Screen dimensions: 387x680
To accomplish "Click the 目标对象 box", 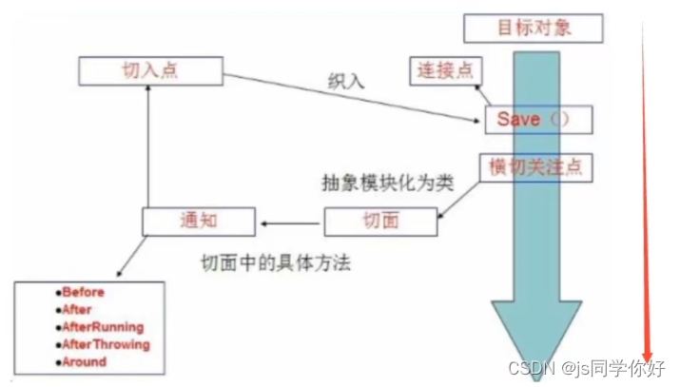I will coord(534,28).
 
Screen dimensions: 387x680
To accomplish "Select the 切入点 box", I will coord(144,69).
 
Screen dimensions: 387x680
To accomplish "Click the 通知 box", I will coord(199,222).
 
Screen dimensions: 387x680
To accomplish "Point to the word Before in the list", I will coord(85,292).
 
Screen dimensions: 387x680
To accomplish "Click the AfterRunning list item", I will coord(104,327).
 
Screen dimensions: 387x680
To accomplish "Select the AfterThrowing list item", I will coord(106,344).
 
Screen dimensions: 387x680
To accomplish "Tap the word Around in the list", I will coord(85,361).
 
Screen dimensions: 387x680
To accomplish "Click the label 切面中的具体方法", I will coord(275,262).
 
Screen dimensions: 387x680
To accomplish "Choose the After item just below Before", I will coord(79,309).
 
